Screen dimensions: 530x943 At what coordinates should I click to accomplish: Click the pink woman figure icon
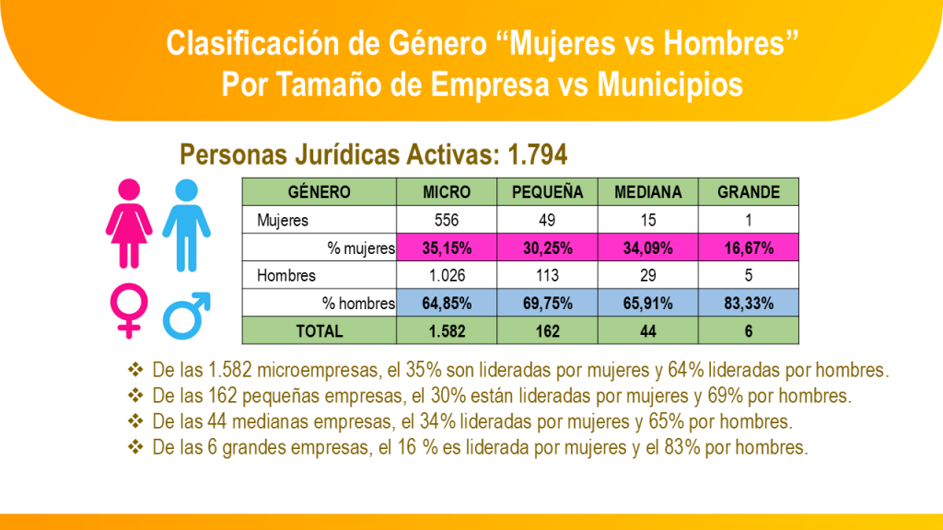click(129, 224)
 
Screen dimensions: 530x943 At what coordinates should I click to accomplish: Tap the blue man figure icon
click(187, 224)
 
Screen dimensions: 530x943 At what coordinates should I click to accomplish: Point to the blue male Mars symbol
click(187, 314)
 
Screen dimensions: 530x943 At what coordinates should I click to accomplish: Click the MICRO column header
click(447, 192)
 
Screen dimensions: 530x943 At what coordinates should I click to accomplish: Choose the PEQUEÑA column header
click(547, 192)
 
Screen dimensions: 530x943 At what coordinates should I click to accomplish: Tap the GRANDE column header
click(749, 192)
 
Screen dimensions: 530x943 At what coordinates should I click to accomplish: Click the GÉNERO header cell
click(320, 192)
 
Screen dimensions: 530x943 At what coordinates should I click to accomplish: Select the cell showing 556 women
click(447, 220)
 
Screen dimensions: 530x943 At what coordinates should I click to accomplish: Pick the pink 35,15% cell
click(447, 248)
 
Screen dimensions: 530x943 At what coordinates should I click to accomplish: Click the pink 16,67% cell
click(749, 248)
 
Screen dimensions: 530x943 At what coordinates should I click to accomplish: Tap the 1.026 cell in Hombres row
click(447, 275)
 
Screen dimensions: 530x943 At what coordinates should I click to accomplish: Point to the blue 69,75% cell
click(547, 303)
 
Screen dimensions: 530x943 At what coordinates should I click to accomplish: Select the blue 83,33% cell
click(749, 303)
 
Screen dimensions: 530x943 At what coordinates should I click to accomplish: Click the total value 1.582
click(447, 330)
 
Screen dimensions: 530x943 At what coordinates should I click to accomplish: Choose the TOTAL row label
click(320, 330)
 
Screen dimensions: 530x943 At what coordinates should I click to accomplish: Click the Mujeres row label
click(283, 220)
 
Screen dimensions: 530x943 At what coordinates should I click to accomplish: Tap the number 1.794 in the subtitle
click(532, 153)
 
